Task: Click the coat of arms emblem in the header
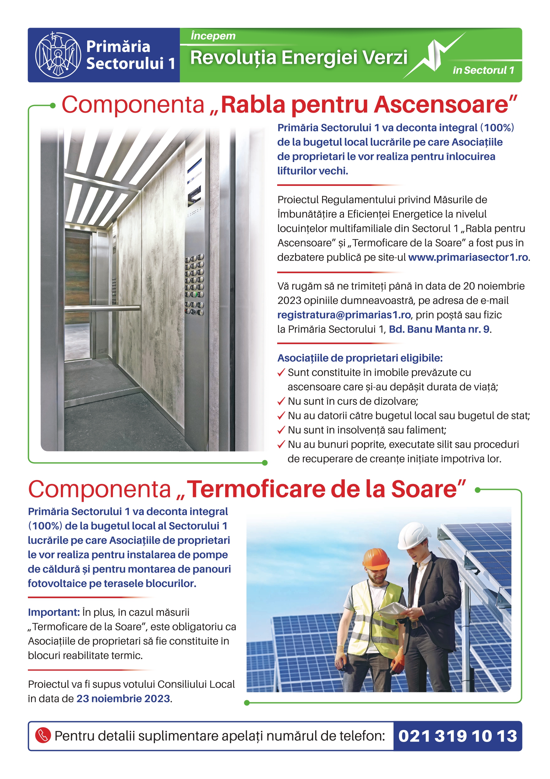[58, 55]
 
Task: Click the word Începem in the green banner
[213, 36]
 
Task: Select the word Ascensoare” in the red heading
[445, 105]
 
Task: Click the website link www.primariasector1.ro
[468, 257]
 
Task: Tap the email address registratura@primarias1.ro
[344, 315]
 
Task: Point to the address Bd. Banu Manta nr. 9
[439, 329]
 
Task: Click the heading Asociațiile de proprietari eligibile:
[360, 358]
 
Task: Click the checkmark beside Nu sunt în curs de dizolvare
[281, 401]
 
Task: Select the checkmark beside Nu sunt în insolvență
[281, 430]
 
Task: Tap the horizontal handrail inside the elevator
[102, 308]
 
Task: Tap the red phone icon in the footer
[43, 736]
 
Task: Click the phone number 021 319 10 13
[457, 736]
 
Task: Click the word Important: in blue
[54, 612]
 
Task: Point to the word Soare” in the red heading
[428, 490]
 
